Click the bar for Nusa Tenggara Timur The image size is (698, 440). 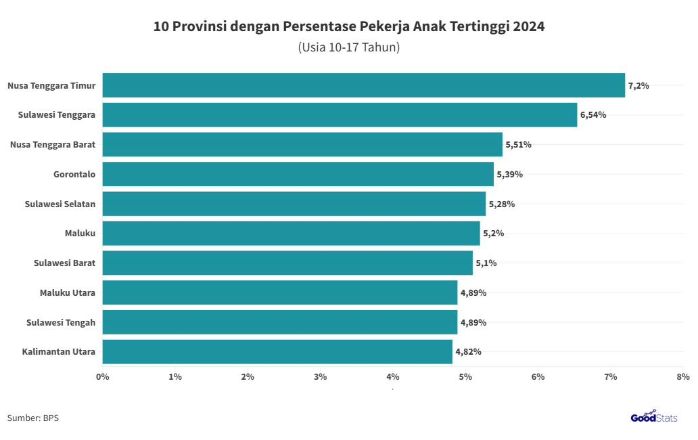pyautogui.click(x=364, y=85)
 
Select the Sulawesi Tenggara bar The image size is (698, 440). pyautogui.click(x=340, y=115)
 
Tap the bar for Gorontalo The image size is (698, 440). pyautogui.click(x=298, y=174)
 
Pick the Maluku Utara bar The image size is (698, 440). pyautogui.click(x=280, y=292)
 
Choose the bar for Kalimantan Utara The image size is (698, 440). pyautogui.click(x=277, y=352)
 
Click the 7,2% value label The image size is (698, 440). pyautogui.click(x=638, y=85)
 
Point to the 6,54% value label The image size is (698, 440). pyautogui.click(x=593, y=115)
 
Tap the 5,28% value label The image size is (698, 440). pyautogui.click(x=502, y=204)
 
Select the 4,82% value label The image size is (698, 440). pyautogui.click(x=468, y=352)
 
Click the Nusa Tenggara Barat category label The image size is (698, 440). pyautogui.click(x=53, y=144)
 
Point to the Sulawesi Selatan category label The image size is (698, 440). pyautogui.click(x=60, y=204)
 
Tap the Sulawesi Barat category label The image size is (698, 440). pyautogui.click(x=64, y=263)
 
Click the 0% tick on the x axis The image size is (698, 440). pyautogui.click(x=103, y=376)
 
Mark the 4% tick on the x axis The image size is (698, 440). pyautogui.click(x=393, y=376)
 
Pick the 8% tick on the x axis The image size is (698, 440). pyautogui.click(x=682, y=376)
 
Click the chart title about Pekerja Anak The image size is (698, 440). pyautogui.click(x=349, y=27)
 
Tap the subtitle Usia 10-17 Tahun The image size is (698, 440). pyautogui.click(x=349, y=47)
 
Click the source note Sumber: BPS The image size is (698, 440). pyautogui.click(x=33, y=418)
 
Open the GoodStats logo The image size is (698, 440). pyautogui.click(x=654, y=417)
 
